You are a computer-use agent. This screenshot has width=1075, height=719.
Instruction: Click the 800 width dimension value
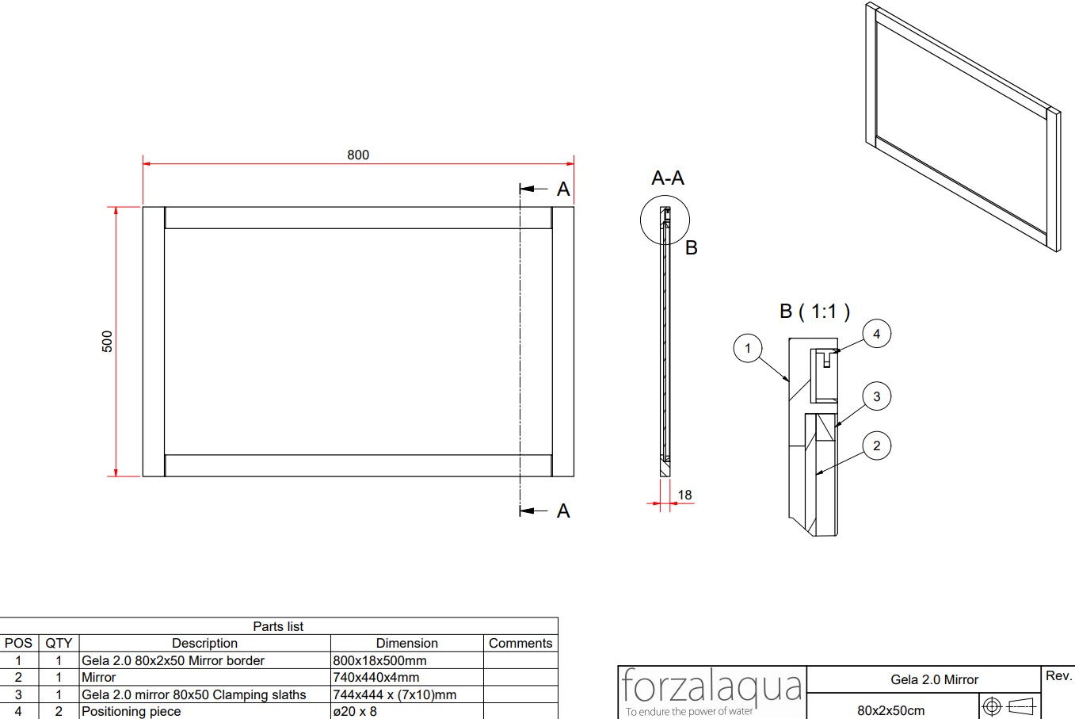pos(358,155)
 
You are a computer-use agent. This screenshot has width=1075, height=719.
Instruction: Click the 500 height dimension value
pos(107,342)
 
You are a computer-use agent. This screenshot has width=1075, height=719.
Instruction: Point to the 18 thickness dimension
pos(684,495)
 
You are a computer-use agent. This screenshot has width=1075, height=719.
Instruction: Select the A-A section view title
pos(668,178)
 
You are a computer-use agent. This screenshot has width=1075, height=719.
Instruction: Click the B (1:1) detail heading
pos(815,312)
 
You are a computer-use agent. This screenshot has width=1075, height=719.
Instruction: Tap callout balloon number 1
pos(748,348)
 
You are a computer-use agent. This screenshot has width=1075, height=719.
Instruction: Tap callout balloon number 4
pos(877,334)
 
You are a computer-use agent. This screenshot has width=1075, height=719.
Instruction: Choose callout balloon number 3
pos(877,396)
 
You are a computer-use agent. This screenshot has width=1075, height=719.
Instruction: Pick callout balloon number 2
pos(877,446)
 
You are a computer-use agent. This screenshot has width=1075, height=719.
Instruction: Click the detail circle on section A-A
pos(641,220)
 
